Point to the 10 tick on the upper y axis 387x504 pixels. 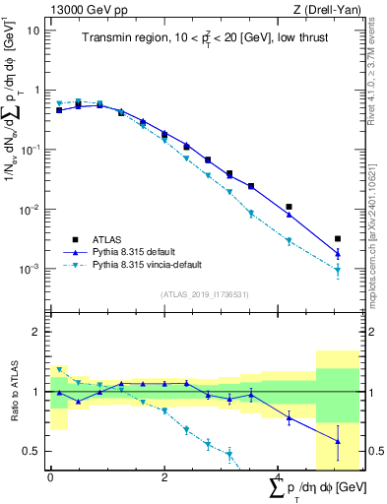pyautogui.click(x=33, y=30)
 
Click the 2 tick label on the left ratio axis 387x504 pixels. pyautogui.click(x=36, y=332)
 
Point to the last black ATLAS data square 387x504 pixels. pyautogui.click(x=338, y=238)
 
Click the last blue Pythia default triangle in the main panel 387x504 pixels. pyautogui.click(x=338, y=253)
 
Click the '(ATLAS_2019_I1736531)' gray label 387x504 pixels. pyautogui.click(x=196, y=293)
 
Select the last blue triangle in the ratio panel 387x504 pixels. pyautogui.click(x=338, y=441)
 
